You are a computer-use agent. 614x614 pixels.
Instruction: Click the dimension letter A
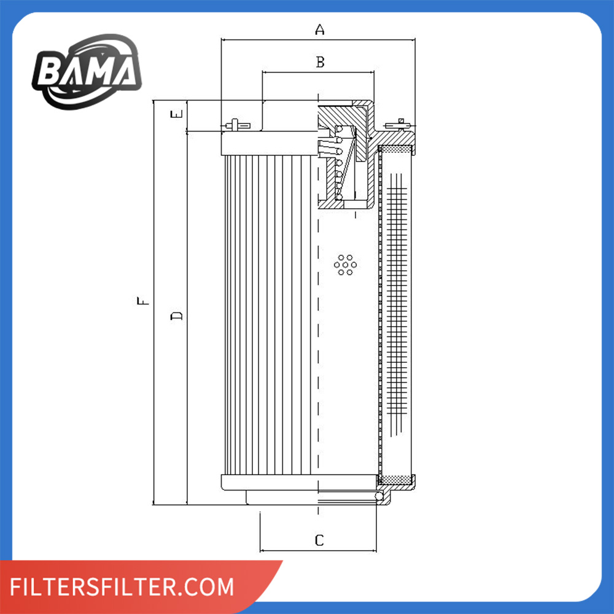tap(319, 29)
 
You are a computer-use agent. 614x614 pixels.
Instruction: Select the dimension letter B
tap(320, 62)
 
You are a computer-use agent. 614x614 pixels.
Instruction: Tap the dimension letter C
tap(319, 540)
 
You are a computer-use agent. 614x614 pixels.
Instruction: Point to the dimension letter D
tap(177, 316)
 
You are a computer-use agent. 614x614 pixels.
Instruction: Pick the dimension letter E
tap(177, 114)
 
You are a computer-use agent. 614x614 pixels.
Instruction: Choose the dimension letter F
tap(143, 301)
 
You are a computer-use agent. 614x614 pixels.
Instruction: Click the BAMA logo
tap(87, 71)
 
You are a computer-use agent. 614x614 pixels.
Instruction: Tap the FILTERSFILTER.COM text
tap(122, 586)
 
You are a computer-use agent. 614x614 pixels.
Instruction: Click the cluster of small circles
tap(345, 265)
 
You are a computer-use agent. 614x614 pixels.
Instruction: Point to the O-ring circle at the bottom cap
tap(379, 497)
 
